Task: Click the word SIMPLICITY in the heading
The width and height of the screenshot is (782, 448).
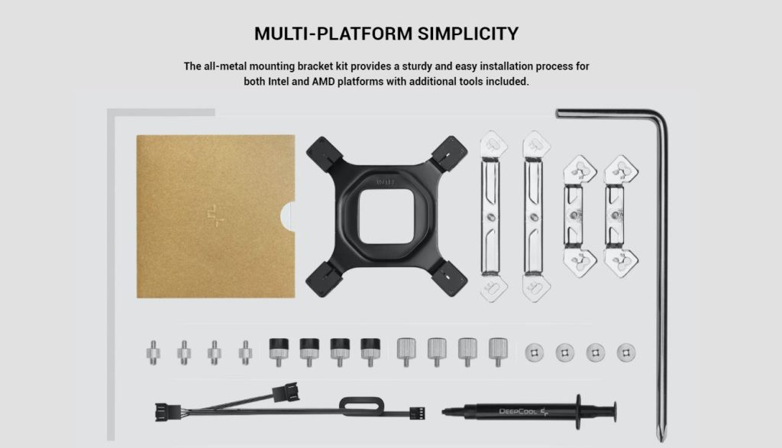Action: (x=468, y=34)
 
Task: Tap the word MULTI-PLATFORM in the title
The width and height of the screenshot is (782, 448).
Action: (x=334, y=34)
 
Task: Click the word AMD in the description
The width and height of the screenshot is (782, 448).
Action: (x=323, y=81)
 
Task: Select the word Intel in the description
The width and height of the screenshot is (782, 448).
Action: (x=278, y=81)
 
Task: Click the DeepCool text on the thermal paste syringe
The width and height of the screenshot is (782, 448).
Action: (x=518, y=411)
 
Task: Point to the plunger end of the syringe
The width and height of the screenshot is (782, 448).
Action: (x=614, y=411)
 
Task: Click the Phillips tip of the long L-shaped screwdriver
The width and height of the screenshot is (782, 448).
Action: (x=662, y=435)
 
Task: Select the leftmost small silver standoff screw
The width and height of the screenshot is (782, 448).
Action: (x=153, y=353)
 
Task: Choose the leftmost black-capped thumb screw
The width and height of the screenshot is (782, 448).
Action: (x=278, y=352)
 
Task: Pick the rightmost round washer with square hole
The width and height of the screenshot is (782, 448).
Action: (x=626, y=353)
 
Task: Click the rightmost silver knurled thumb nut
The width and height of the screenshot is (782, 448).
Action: (x=498, y=352)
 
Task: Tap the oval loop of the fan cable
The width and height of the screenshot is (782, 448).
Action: (x=361, y=403)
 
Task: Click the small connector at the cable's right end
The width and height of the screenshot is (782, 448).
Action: (x=418, y=413)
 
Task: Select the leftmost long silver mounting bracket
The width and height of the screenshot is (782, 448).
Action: (x=493, y=217)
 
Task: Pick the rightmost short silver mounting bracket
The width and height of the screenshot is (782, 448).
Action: (x=621, y=216)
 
